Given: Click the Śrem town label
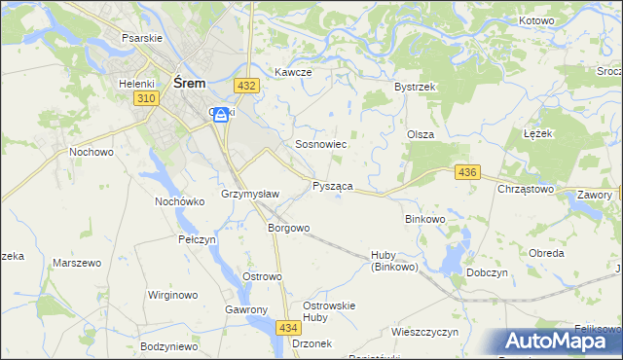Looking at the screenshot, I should [189, 84].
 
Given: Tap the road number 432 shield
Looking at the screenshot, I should [247, 86].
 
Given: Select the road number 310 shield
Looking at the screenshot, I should [146, 99].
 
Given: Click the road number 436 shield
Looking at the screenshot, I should [467, 172].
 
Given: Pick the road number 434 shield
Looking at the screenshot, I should [287, 328].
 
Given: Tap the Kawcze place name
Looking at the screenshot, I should [292, 72].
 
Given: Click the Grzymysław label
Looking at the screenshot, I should [251, 195].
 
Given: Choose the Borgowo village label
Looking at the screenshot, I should [288, 229].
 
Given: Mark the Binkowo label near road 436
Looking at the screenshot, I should [424, 220].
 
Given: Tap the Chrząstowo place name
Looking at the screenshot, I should [526, 189].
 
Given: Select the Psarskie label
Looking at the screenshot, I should [140, 37].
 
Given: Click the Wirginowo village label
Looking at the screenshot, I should [172, 295].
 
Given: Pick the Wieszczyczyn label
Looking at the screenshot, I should [424, 332].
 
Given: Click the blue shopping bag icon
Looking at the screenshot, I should [222, 115].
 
